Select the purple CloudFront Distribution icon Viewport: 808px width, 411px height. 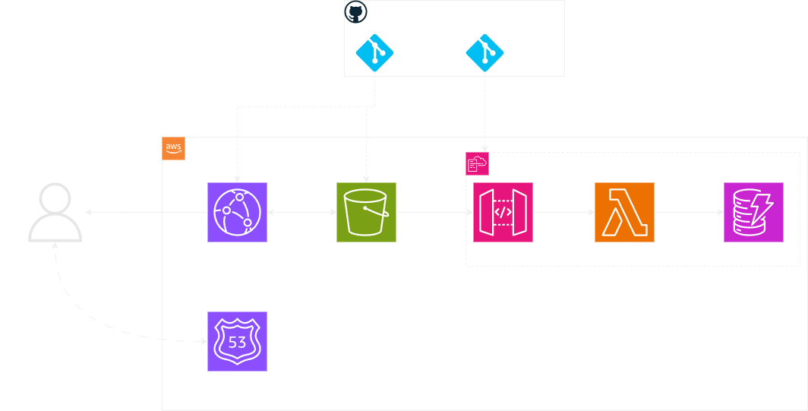click(237, 212)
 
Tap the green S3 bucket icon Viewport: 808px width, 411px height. click(367, 212)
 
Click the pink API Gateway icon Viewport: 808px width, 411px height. click(503, 212)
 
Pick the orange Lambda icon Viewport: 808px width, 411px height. click(624, 212)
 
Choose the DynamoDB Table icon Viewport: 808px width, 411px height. click(753, 212)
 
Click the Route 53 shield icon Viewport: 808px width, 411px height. click(237, 341)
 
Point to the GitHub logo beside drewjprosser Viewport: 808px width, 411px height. click(355, 12)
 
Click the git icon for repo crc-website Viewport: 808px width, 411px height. click(373, 52)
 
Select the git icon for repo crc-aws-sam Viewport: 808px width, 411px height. click(483, 52)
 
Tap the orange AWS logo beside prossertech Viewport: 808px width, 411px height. click(174, 148)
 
